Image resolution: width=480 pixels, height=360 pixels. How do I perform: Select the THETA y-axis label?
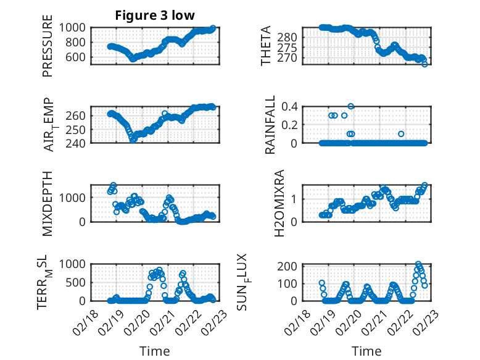coord(265,46)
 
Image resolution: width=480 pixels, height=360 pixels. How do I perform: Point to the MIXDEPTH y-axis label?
coord(48,203)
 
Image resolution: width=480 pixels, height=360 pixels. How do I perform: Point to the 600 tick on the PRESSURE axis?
coord(78,57)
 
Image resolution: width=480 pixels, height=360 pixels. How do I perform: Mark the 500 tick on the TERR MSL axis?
coord(78,282)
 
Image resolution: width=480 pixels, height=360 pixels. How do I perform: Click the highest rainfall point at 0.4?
coord(351,106)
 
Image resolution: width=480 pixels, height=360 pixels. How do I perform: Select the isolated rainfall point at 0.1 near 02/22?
coord(401,134)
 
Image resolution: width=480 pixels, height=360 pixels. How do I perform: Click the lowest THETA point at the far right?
coord(424,64)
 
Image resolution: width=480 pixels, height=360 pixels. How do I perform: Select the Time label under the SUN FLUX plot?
coord(366,351)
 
